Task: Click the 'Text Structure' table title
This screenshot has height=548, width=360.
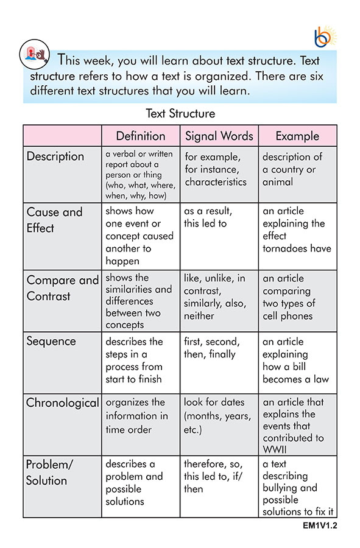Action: point(180,113)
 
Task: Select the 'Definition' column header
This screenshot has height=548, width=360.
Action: point(141,136)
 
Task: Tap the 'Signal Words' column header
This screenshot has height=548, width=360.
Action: point(219,136)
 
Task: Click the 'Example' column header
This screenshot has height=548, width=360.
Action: point(297,136)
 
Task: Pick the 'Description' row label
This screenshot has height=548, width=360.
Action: point(55,156)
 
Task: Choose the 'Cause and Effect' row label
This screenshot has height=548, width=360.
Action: point(54,220)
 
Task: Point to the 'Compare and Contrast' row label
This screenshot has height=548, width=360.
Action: point(62,288)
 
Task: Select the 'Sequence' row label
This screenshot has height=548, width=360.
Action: point(51,341)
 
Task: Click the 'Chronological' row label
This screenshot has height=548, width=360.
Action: point(62,402)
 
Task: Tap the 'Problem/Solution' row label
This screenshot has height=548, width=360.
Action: point(49,472)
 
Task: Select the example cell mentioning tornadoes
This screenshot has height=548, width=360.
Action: point(297,230)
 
